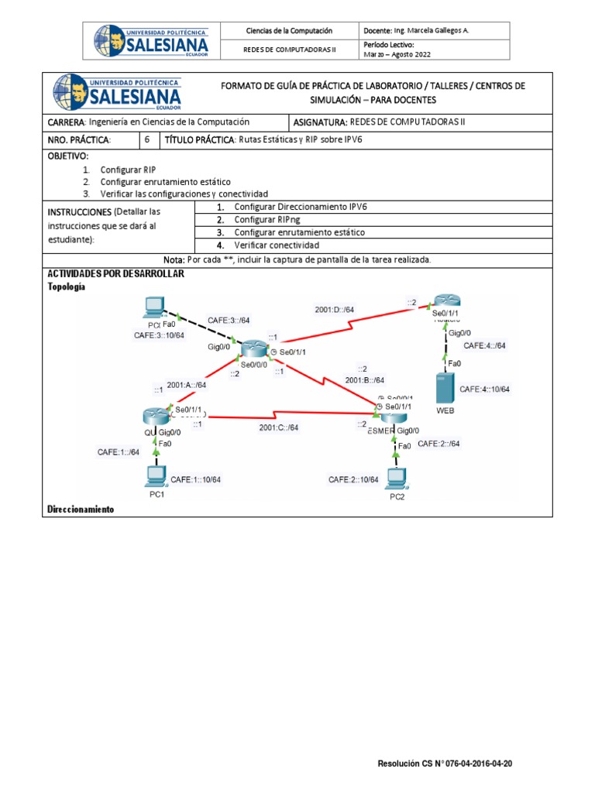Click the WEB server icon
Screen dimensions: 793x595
[x=444, y=387]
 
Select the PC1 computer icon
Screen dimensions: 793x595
[x=157, y=475]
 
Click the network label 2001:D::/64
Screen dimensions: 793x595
[x=335, y=310]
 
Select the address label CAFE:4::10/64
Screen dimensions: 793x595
[x=484, y=389]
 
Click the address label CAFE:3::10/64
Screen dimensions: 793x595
[x=159, y=335]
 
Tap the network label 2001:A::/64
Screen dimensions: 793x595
[x=187, y=384]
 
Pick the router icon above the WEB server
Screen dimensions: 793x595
[x=447, y=302]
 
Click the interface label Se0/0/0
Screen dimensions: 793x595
[x=255, y=364]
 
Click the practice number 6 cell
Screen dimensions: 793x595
[x=147, y=139]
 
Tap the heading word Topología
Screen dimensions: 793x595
[x=67, y=286]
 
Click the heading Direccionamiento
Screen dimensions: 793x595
[x=81, y=510]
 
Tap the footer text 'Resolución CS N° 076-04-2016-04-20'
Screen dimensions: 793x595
[x=445, y=764]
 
